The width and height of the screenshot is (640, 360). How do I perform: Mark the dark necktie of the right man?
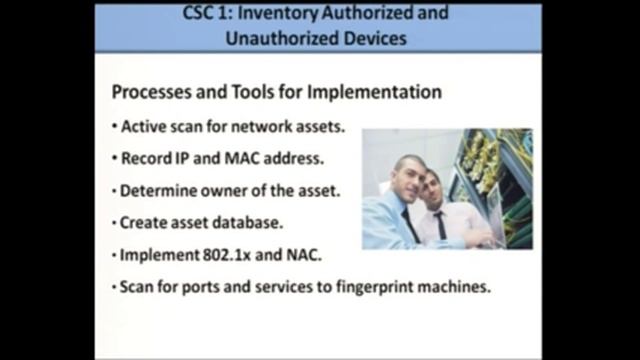tap(441, 226)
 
